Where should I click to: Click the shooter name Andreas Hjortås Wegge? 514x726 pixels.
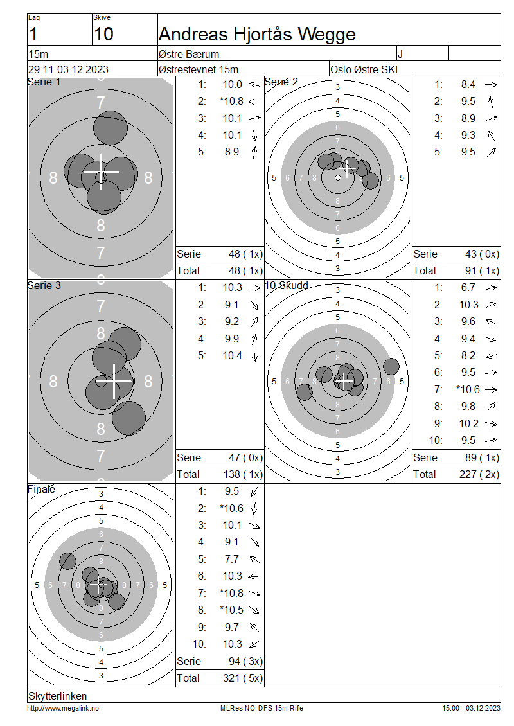click(x=257, y=34)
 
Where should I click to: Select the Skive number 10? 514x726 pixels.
click(x=103, y=34)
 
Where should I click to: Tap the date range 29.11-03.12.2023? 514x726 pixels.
click(x=68, y=69)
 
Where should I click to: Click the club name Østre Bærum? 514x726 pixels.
click(x=188, y=54)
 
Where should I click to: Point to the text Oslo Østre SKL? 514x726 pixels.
click(x=365, y=69)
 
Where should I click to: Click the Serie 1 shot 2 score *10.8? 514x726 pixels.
click(x=231, y=101)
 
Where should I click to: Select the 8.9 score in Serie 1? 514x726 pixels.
click(x=231, y=152)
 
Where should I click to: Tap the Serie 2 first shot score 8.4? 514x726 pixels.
click(x=468, y=84)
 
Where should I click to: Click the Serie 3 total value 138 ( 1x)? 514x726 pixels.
click(x=243, y=474)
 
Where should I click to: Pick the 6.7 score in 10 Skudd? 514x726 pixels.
click(x=468, y=288)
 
